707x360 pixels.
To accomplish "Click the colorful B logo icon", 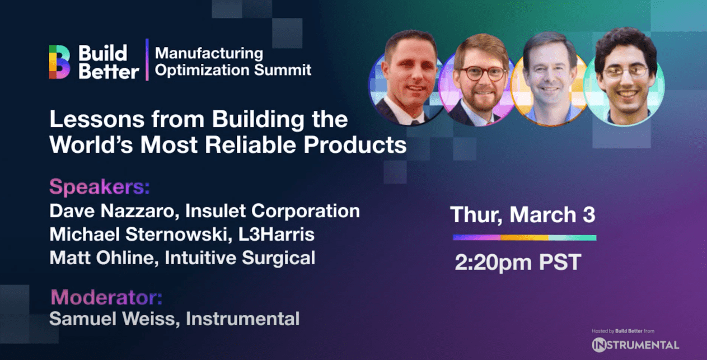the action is click(x=59, y=62).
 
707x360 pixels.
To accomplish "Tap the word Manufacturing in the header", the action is click(x=209, y=53).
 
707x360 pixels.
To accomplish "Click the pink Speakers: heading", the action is click(x=100, y=187).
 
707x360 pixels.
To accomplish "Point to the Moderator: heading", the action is click(x=106, y=297).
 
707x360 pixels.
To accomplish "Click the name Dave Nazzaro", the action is click(x=115, y=211).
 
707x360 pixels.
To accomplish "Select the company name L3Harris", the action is click(x=277, y=235).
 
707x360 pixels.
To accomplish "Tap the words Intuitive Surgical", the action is click(x=240, y=258).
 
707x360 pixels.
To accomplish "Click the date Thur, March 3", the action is click(x=523, y=215).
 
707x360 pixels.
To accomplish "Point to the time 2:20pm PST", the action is click(x=518, y=262).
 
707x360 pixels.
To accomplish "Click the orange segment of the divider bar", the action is click(x=525, y=237).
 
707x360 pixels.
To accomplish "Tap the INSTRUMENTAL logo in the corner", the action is click(x=635, y=344).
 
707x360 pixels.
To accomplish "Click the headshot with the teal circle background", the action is click(x=624, y=77).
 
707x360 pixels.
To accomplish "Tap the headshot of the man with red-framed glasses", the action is click(x=477, y=80).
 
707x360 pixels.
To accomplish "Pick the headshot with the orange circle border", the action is click(x=550, y=79).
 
